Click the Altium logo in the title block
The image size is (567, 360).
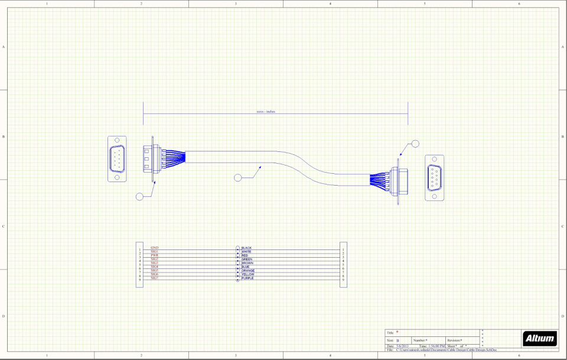[x=540, y=338]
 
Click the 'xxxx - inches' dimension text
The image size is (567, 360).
[x=266, y=111]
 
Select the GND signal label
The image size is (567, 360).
[x=154, y=248]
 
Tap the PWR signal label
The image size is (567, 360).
[x=154, y=255]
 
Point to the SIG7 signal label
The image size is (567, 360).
[x=154, y=278]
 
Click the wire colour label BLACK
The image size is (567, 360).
[x=247, y=248]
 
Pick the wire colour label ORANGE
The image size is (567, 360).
[x=248, y=271]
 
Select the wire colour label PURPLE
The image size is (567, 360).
[x=247, y=278]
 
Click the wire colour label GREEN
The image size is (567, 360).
[x=247, y=259]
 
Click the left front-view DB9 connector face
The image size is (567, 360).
[x=117, y=160]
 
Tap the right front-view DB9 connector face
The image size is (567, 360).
[x=435, y=177]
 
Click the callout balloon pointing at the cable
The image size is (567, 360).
[x=238, y=177]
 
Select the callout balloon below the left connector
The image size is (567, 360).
[x=140, y=196]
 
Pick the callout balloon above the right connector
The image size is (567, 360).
[x=415, y=143]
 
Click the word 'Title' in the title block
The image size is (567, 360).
[x=390, y=333]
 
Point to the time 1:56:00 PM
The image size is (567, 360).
[x=435, y=346]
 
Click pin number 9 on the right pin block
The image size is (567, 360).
[x=343, y=280]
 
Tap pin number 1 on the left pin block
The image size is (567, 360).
[x=140, y=250]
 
